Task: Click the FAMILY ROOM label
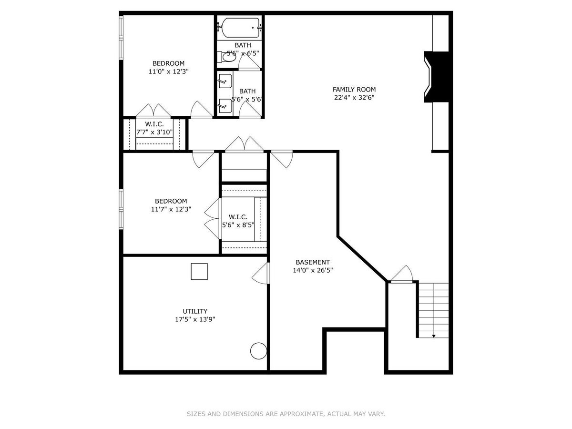[x=354, y=90]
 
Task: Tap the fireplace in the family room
[x=436, y=77]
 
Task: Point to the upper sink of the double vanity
[x=225, y=81]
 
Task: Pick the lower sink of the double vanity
[x=225, y=106]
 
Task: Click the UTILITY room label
[x=195, y=311]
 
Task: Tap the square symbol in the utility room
[x=199, y=271]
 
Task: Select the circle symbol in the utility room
[x=258, y=351]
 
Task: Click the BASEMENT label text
[x=313, y=262]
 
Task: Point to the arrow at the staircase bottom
[x=434, y=336]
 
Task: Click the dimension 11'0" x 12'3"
[x=168, y=71]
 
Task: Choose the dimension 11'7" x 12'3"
[x=171, y=209]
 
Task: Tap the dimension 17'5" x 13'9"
[x=195, y=319]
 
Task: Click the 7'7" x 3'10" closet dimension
[x=154, y=132]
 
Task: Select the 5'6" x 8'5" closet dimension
[x=238, y=225]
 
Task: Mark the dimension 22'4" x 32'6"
[x=354, y=98]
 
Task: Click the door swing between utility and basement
[x=261, y=274]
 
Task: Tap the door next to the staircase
[x=402, y=274]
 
